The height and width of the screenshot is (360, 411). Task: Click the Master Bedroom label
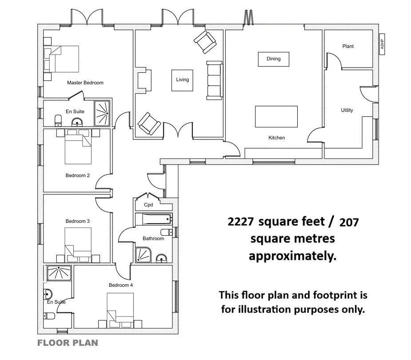click(85, 83)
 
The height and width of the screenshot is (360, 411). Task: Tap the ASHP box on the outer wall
click(382, 44)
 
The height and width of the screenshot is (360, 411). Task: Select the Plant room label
click(348, 46)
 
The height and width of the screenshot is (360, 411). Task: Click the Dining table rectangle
click(274, 59)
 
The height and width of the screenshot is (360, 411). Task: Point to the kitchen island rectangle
click(276, 116)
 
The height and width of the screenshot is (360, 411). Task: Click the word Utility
click(347, 110)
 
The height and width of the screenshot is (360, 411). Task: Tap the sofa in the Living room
click(215, 80)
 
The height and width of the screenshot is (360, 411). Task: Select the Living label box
click(183, 80)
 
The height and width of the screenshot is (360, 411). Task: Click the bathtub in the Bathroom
click(154, 219)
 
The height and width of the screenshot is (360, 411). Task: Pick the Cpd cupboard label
click(148, 205)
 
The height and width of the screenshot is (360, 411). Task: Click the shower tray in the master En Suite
click(102, 113)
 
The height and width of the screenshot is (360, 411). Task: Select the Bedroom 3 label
click(78, 221)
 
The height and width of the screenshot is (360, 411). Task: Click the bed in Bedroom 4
click(120, 310)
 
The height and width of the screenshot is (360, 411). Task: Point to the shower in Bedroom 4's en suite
click(59, 273)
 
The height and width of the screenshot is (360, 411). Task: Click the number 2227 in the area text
click(241, 222)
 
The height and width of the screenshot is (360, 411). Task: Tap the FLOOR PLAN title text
click(68, 343)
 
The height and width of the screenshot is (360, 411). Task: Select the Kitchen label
click(276, 138)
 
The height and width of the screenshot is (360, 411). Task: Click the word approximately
click(292, 256)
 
